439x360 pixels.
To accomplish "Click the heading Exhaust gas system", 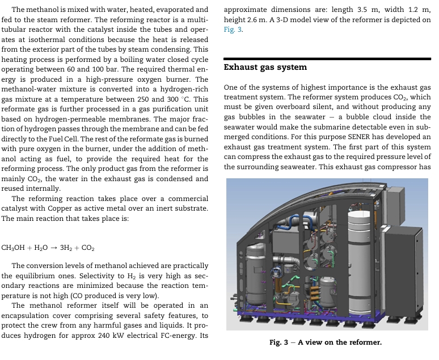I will [x=265, y=67].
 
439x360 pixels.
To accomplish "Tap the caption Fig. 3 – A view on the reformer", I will [x=326, y=342].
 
